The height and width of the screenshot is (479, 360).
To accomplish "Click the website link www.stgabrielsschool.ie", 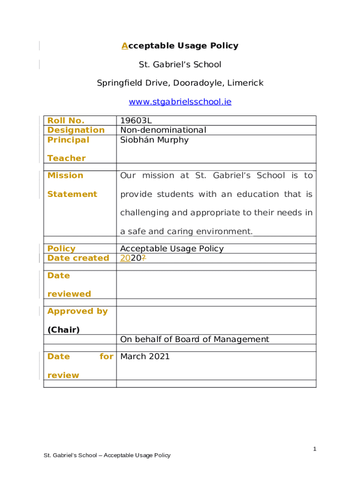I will pos(180,102).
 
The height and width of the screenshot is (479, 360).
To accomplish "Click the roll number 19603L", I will pos(136,121).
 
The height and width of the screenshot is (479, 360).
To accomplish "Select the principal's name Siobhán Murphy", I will pos(154,140).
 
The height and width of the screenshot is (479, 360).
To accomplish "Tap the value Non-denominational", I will pos(163,130).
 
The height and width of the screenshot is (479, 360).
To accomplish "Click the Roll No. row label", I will pos(66,121).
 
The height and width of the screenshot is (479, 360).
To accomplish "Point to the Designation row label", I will pos(76,130).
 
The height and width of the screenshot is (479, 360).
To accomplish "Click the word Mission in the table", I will pos(65,175).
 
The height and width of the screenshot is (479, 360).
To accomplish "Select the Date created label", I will pos(78,258).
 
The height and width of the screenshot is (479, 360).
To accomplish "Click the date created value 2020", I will pos(130,258).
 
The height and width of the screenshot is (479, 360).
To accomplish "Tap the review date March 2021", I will pos(145,356).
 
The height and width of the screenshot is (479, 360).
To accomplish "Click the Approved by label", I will pos(78,311).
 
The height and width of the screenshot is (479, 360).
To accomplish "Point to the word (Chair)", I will pos(64,330).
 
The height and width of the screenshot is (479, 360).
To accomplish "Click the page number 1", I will pos(315,449).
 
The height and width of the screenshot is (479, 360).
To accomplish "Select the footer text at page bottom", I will pos(107,455).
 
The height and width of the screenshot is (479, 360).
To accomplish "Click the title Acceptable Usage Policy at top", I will pos(180,45).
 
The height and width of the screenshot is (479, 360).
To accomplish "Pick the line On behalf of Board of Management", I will pos(194,339).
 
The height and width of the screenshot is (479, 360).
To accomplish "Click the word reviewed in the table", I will pos(69,294).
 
